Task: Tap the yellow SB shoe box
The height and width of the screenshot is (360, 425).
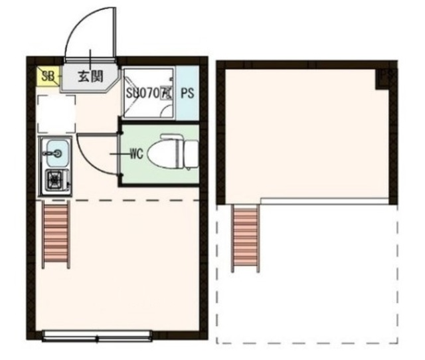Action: (46, 76)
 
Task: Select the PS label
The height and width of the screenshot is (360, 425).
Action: (187, 93)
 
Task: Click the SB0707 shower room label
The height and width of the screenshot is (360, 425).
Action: (147, 93)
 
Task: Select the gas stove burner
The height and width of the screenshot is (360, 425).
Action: (54, 179)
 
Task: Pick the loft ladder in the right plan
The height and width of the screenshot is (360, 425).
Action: (245, 238)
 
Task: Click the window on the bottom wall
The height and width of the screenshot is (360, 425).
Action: (97, 336)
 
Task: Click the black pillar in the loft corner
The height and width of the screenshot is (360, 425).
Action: (384, 79)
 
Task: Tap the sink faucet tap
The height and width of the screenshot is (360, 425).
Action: (50, 154)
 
